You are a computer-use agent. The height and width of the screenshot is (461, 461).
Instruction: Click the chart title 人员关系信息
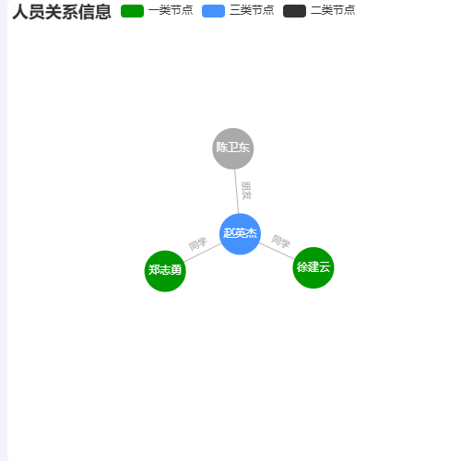(62, 12)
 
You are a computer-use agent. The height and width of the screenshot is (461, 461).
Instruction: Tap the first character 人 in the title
(20, 12)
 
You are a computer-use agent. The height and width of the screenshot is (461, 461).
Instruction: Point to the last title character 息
(103, 12)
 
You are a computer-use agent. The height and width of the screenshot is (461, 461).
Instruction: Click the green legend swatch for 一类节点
(132, 11)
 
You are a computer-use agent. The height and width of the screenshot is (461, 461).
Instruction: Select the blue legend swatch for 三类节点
(213, 11)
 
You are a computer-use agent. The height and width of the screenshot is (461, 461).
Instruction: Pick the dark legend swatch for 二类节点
(294, 11)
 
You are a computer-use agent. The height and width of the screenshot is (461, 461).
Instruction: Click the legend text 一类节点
(171, 10)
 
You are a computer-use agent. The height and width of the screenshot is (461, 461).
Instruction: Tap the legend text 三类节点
(252, 10)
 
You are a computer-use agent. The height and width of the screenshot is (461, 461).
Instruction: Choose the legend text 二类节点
(333, 10)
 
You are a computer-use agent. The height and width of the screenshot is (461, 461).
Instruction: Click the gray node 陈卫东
(233, 148)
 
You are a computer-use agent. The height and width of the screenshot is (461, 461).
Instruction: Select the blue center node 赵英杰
(240, 234)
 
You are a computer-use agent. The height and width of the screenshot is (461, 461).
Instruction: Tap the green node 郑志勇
(165, 271)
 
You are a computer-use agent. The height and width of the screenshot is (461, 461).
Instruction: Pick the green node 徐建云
(313, 267)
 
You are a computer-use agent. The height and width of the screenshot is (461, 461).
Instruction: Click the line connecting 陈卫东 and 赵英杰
(237, 191)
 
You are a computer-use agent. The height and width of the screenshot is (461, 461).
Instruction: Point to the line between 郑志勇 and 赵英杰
(203, 253)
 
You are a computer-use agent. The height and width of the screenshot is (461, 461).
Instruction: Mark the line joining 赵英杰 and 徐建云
(277, 251)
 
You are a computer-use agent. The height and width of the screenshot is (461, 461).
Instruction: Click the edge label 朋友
(246, 191)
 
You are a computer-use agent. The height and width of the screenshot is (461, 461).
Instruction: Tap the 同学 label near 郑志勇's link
(197, 243)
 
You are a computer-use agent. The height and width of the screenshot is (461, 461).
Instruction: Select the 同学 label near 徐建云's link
(280, 241)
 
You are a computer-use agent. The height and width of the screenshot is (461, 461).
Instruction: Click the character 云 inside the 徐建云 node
(325, 267)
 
